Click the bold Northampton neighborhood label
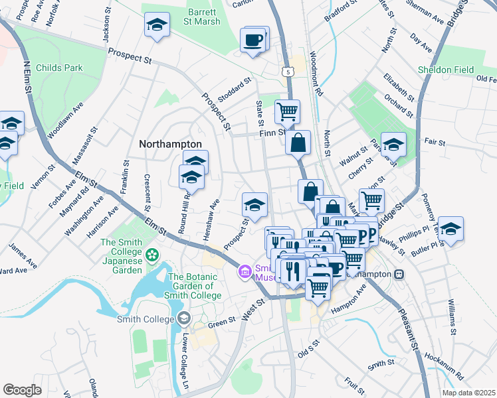(x=170, y=144)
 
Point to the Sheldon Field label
(x=446, y=70)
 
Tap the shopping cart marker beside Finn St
(x=287, y=111)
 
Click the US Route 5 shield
(x=288, y=70)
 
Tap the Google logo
(x=23, y=390)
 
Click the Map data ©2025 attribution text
(x=468, y=393)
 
